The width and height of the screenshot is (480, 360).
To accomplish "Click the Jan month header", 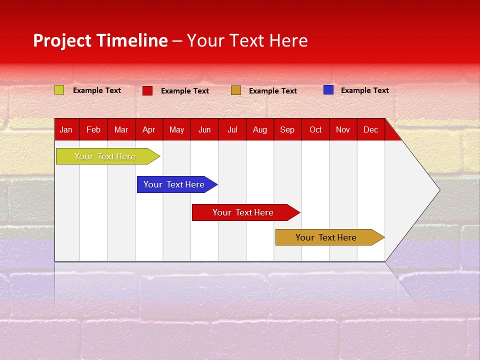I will click(x=66, y=129).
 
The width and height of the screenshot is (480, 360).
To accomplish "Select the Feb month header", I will click(x=93, y=129).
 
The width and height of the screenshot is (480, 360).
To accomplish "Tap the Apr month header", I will click(x=148, y=129).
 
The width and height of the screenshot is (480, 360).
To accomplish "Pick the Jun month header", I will click(x=204, y=129).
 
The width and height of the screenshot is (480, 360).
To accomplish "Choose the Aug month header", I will click(x=259, y=129).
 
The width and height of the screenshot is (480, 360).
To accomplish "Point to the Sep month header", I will click(x=287, y=129).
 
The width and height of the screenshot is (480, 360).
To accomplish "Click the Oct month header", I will click(x=315, y=129).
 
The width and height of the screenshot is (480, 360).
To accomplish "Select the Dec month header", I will click(x=370, y=129).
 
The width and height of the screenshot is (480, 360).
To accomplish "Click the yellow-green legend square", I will click(x=59, y=90).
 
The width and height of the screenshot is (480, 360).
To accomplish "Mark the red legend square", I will click(x=147, y=90).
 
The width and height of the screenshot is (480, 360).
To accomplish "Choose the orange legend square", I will click(x=236, y=90).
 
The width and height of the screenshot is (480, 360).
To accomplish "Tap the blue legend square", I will click(x=328, y=90).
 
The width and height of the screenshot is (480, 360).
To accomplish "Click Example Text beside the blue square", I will click(x=364, y=90).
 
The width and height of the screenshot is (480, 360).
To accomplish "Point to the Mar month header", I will click(x=121, y=129).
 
